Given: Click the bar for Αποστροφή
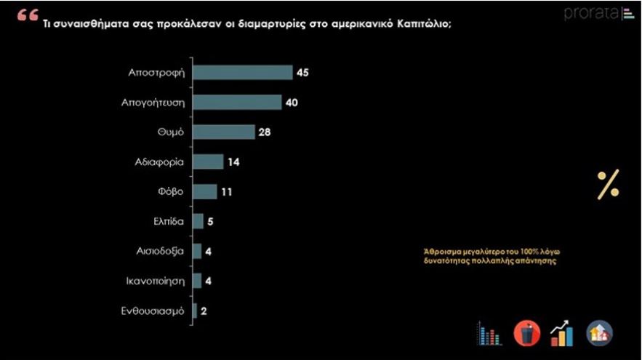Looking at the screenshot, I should coord(242,72).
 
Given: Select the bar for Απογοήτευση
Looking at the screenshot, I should coord(236,102).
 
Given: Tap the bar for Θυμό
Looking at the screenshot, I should coord(223,132).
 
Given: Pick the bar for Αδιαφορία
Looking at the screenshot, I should coord(208,161).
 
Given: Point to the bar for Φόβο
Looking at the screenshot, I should coord(204,191).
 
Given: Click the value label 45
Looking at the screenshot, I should coord(304,72).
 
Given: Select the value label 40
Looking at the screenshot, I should coord(292,102).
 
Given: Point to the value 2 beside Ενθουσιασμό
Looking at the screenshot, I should coord(204,311).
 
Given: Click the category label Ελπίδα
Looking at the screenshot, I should coord(168,221).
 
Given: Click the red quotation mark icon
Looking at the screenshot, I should coord(28,15).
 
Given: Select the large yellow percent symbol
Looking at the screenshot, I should coord(608,185).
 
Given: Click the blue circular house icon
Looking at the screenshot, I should coord(599,333).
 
